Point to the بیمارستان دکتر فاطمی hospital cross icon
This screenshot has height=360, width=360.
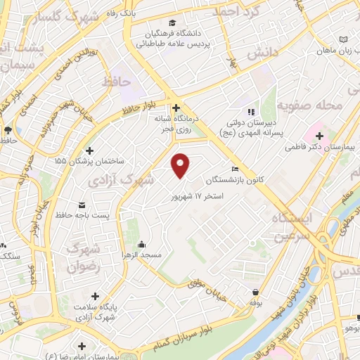pyautogui.click(x=319, y=135)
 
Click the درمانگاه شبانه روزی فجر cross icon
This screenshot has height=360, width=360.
pyautogui.click(x=176, y=108)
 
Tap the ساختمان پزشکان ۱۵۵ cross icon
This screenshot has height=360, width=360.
pyautogui.click(x=89, y=150)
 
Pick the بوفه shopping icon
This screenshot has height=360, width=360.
pyautogui.click(x=254, y=291)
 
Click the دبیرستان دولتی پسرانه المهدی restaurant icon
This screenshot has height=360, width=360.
pyautogui.click(x=250, y=112)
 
